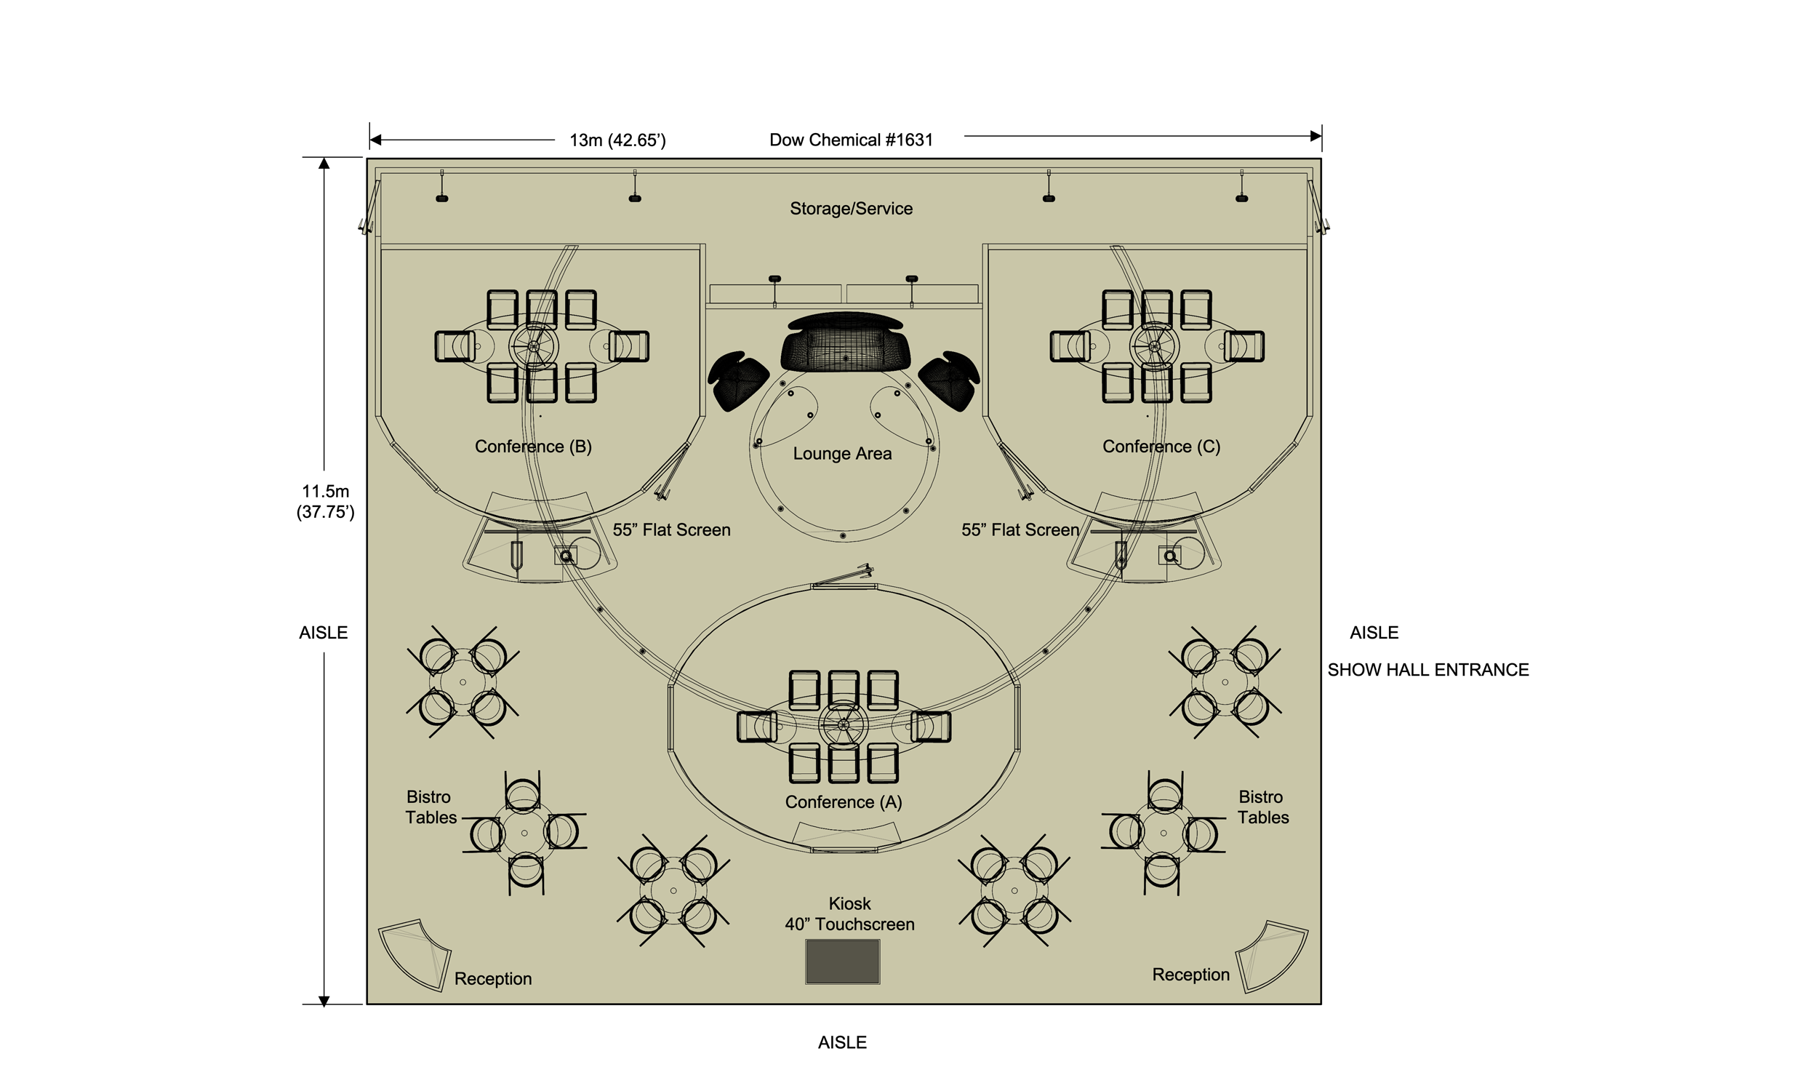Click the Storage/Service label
[851, 209]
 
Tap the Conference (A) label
[843, 802]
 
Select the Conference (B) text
[533, 447]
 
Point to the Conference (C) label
[1161, 447]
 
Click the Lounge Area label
[842, 454]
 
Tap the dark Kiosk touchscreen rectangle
[842, 962]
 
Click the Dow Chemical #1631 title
[851, 140]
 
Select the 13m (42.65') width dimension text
[617, 140]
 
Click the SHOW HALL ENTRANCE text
[1427, 670]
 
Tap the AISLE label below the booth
[842, 1042]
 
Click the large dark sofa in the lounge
[845, 344]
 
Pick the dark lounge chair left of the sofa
[737, 380]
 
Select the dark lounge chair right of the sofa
[950, 380]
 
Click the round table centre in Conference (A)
[843, 725]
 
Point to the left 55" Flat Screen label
[672, 530]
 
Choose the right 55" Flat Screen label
[1020, 530]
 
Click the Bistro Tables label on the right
[1262, 807]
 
